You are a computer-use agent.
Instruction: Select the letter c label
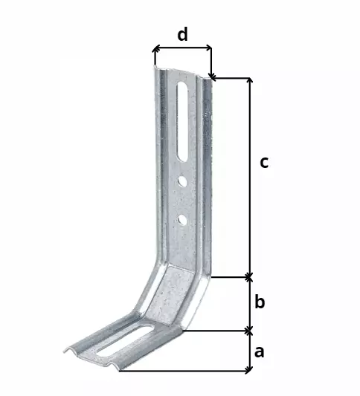pos(263,163)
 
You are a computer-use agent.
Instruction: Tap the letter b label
pos(260,302)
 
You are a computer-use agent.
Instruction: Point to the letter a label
pos(259,351)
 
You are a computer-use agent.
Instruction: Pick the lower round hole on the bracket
pos(182,218)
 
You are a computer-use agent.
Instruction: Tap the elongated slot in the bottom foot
pos(126,345)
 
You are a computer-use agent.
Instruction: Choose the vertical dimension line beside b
pos(249,303)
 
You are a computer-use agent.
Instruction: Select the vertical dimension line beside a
pos(249,351)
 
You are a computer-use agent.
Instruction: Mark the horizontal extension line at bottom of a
pos(186,371)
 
